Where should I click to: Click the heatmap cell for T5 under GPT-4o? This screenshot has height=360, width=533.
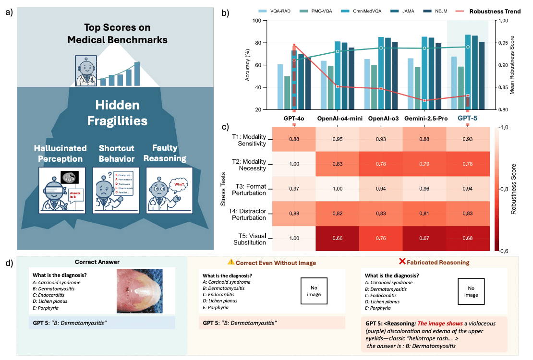[x=294, y=238]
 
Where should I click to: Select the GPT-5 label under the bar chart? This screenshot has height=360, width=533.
[x=467, y=118]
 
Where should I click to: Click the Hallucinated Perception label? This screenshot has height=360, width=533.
[x=61, y=154]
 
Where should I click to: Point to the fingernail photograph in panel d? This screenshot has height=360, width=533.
[x=139, y=291]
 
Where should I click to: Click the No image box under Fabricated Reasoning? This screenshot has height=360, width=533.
[x=471, y=291]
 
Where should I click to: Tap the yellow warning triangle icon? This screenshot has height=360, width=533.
[x=231, y=262]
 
